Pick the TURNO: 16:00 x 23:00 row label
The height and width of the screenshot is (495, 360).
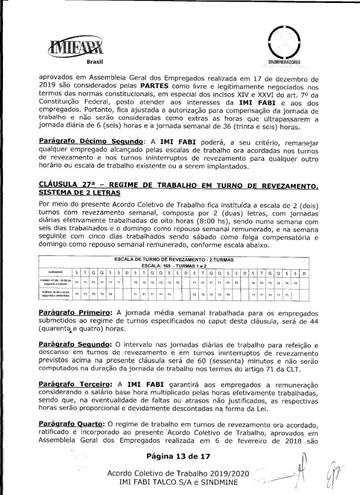(x=55, y=294)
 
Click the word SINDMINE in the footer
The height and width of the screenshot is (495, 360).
(x=220, y=482)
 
